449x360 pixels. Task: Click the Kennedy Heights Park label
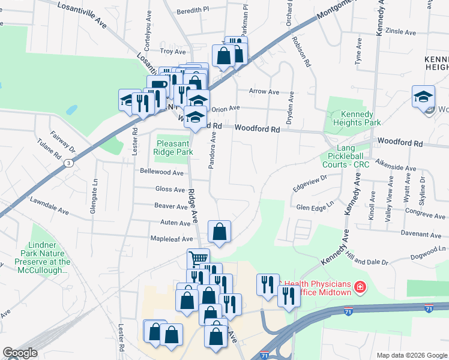[x=352, y=118]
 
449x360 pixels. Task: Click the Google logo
[x=20, y=353]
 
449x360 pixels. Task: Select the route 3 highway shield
[x=71, y=163]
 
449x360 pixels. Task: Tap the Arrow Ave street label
[x=265, y=92]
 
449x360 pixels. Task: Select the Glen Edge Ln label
[x=315, y=207]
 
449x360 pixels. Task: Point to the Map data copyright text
[x=412, y=355]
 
